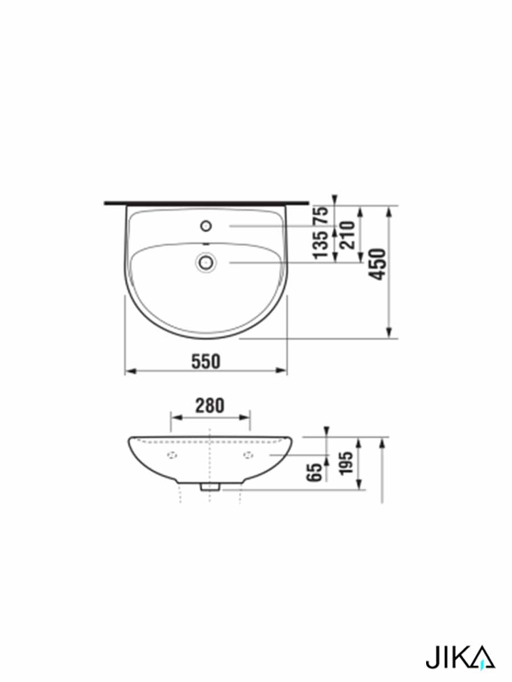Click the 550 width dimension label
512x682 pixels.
(x=206, y=361)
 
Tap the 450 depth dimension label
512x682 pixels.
(x=378, y=264)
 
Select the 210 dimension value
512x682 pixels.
(x=347, y=235)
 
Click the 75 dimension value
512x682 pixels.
(x=321, y=215)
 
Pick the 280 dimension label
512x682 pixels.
(x=210, y=406)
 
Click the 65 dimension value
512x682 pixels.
(x=315, y=472)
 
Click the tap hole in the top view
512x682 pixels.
(x=206, y=226)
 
